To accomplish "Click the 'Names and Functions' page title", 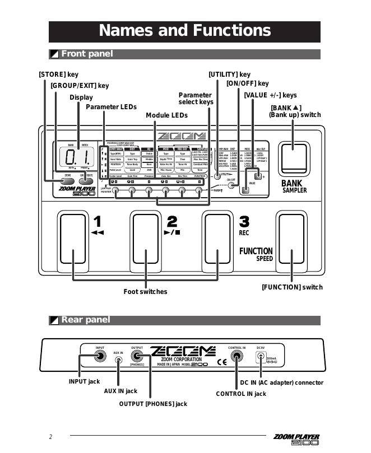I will [184, 30].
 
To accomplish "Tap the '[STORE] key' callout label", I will [58, 74].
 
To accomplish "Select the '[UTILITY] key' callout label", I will [229, 74].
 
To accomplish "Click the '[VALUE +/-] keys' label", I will [270, 95].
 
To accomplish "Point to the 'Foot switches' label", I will [145, 292].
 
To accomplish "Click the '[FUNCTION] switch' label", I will [292, 287].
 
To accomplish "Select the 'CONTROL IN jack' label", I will [241, 394].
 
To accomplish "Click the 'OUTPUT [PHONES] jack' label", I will [153, 404].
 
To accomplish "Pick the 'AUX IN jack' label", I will [120, 391].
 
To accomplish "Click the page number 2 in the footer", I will [50, 437].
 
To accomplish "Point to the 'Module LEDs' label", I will [166, 115].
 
